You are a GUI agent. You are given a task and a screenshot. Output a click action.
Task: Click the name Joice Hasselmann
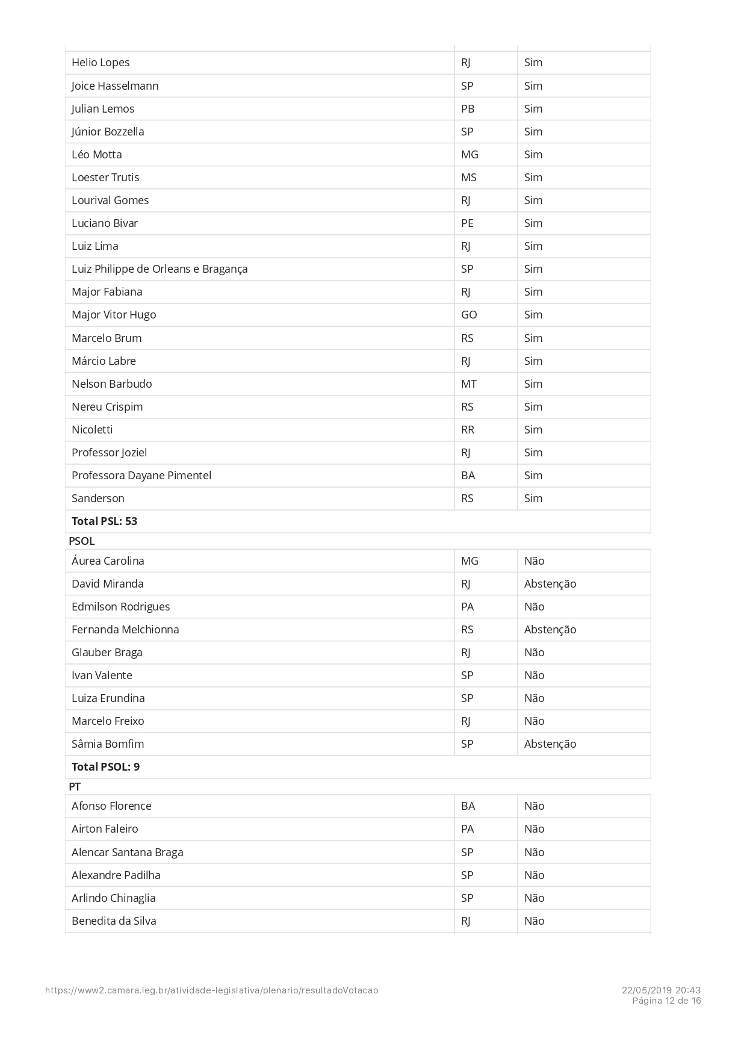[115, 86]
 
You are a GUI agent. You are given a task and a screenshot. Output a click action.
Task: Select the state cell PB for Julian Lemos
[468, 109]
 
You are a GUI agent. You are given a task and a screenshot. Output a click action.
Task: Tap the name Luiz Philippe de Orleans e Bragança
[160, 269]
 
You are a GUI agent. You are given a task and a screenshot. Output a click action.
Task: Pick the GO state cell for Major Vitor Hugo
[469, 315]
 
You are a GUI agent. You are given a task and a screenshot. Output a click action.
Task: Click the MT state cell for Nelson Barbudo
[469, 384]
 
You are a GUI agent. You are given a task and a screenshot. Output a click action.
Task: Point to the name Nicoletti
[92, 430]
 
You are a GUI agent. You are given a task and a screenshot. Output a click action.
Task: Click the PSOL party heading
[82, 541]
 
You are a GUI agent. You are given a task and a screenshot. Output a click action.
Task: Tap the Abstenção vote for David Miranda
[550, 584]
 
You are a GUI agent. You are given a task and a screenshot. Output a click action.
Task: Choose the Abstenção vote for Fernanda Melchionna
[550, 630]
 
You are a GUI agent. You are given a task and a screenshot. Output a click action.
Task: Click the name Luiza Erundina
[108, 698]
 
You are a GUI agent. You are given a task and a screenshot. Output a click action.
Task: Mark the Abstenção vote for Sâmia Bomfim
[550, 744]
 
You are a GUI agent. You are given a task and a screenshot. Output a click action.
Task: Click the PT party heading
[75, 787]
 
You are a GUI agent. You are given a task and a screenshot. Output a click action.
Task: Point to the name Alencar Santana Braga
[128, 853]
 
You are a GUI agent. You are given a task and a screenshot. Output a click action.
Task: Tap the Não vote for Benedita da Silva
[535, 921]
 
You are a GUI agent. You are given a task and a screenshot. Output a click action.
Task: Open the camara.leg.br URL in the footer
[212, 990]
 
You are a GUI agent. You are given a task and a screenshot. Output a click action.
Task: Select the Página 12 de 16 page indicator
[666, 1001]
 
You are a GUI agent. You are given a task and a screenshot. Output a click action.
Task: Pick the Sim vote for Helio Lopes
[533, 63]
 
